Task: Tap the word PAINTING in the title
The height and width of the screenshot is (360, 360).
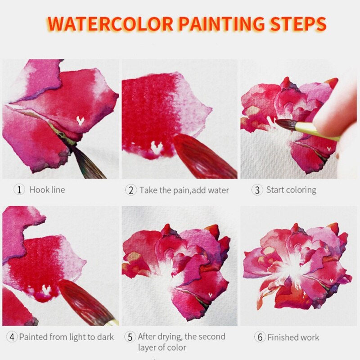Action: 219,23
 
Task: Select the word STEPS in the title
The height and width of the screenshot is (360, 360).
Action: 299,23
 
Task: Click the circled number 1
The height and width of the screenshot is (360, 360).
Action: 19,189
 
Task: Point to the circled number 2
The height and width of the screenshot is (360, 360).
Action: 130,190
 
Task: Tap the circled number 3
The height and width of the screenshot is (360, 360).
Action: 257,189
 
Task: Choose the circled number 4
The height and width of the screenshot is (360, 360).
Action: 12,337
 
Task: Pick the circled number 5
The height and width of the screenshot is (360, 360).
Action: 130,337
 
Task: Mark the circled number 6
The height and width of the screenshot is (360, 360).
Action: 259,337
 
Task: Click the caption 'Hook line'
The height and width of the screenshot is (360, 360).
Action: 47,189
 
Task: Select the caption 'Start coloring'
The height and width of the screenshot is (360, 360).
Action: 291,189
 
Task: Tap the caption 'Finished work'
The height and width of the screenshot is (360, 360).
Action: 293,337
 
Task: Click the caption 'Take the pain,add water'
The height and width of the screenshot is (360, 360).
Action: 184,190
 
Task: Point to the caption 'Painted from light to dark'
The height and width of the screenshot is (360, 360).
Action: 66,337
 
